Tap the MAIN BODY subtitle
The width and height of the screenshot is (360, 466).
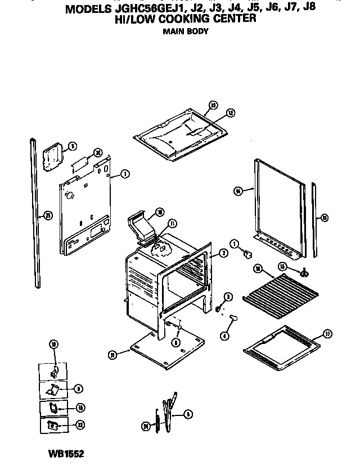pos(185,31)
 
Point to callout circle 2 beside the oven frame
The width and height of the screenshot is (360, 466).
pos(223,254)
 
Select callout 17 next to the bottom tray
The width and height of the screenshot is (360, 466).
pos(328,333)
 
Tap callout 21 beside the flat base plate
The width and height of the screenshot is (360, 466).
pos(112,354)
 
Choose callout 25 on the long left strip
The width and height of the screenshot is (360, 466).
pos(48,215)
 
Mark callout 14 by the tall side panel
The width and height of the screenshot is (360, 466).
pos(238,191)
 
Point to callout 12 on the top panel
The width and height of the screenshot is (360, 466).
pos(231,112)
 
